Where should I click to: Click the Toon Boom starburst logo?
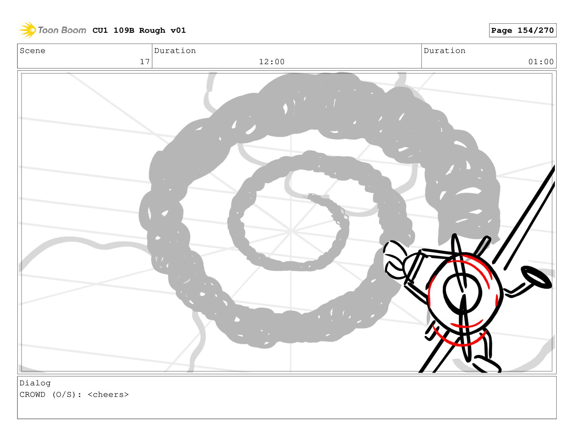point(28,30)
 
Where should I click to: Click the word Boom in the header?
point(73,30)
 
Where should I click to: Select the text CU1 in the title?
point(100,30)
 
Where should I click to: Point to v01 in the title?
point(178,30)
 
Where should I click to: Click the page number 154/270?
point(535,30)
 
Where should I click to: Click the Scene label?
point(32,51)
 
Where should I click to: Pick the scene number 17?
point(145,62)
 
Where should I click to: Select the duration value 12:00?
point(272,62)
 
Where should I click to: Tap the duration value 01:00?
point(541,62)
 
